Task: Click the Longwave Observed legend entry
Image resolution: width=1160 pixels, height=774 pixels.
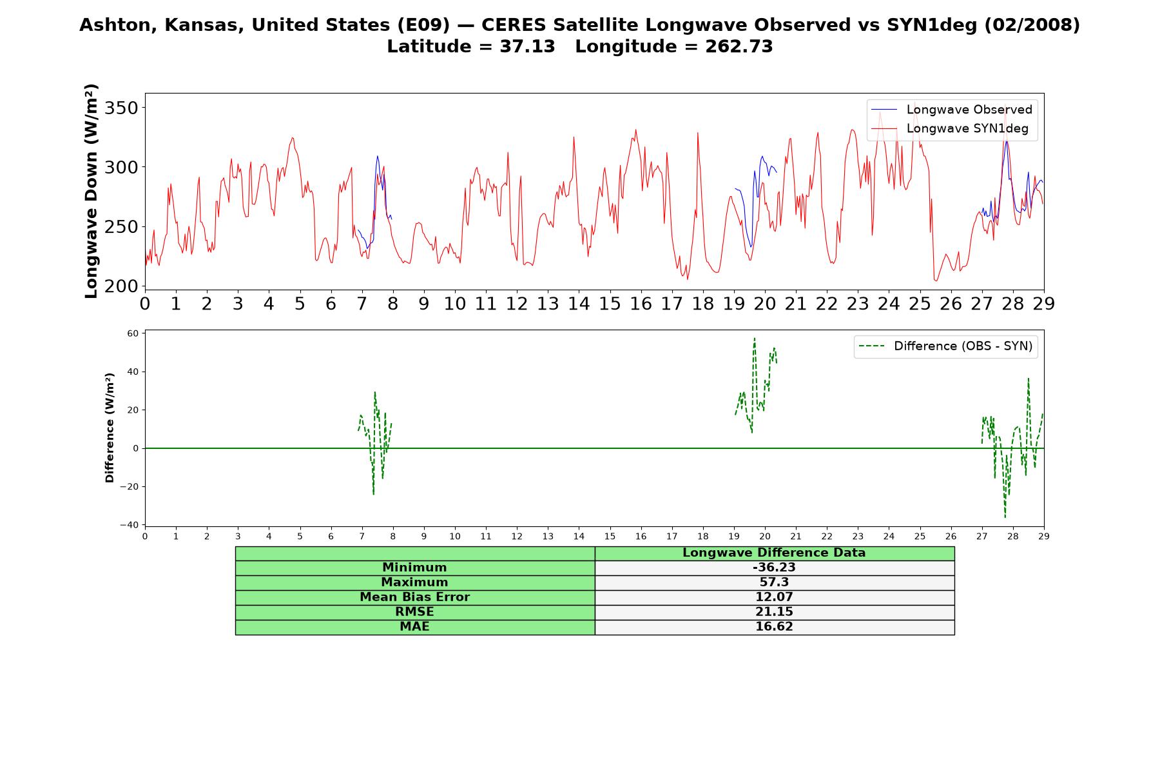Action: tap(952, 110)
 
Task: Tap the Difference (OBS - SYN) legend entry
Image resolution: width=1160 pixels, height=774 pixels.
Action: tap(946, 346)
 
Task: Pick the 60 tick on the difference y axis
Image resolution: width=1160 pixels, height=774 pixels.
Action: tap(133, 333)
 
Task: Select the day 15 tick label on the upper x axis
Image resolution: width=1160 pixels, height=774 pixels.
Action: tap(610, 304)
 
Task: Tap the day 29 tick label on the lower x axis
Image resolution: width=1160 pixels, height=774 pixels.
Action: tap(1044, 536)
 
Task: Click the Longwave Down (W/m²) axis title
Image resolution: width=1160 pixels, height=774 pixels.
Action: tap(91, 191)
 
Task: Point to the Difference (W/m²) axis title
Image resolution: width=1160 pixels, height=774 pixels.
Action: tap(110, 428)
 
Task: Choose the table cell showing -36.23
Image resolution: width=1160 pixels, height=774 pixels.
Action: tap(774, 568)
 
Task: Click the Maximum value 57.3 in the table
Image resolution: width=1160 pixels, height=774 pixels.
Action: tap(774, 582)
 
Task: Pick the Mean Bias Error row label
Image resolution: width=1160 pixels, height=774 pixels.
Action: tap(414, 597)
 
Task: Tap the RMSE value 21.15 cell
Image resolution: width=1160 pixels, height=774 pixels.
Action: tap(774, 612)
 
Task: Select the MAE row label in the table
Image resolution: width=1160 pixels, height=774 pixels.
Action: tap(414, 627)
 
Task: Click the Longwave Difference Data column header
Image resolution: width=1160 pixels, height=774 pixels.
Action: tap(774, 553)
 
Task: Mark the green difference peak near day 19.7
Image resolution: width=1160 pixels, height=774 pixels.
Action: tap(755, 338)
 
